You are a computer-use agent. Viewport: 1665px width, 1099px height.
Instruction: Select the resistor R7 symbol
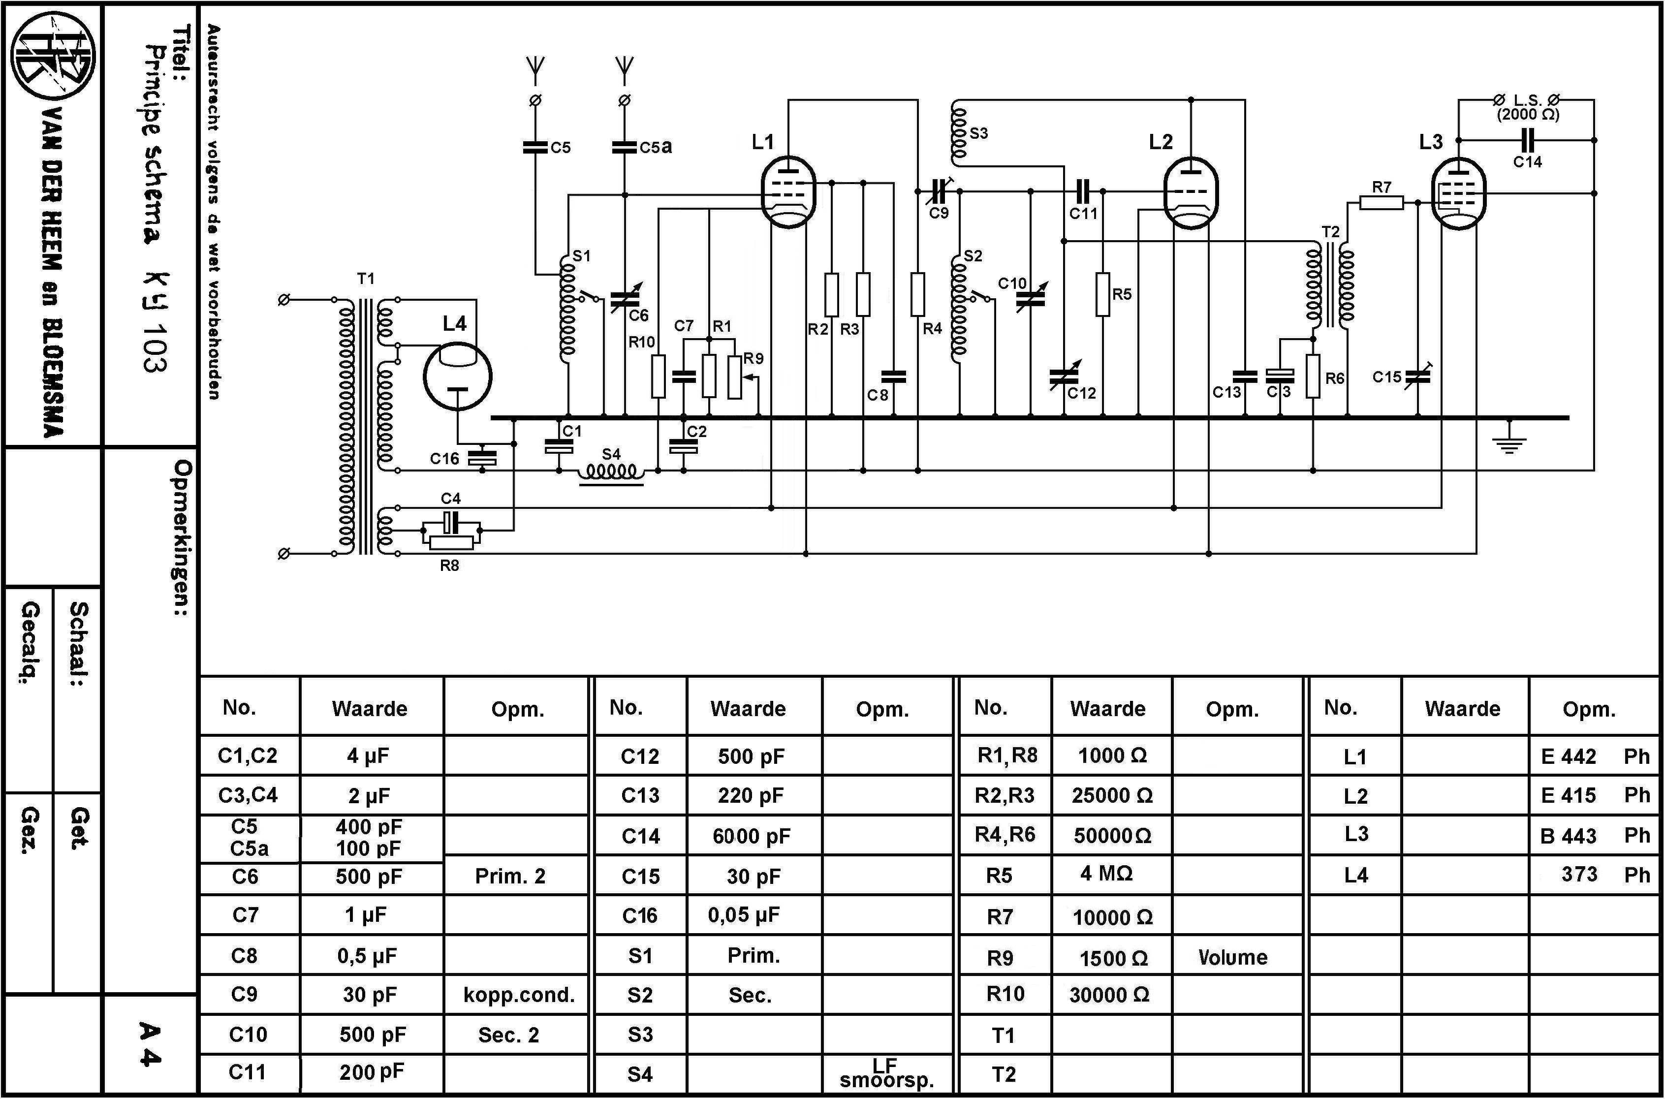point(1381,203)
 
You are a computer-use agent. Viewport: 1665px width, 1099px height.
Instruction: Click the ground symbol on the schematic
point(1508,442)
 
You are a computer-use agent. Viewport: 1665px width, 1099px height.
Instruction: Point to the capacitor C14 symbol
point(1528,140)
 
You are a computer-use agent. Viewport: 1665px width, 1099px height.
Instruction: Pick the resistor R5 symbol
point(1102,294)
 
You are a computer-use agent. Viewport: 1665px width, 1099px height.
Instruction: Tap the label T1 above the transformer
point(366,279)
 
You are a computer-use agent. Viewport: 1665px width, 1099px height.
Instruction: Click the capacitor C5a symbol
point(625,147)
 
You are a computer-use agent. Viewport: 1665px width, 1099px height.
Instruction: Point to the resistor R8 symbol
point(451,542)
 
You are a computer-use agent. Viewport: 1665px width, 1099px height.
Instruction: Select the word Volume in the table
point(1233,957)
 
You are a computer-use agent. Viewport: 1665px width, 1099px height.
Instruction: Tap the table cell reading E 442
point(1569,757)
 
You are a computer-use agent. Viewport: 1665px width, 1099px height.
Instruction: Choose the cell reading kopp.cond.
point(519,995)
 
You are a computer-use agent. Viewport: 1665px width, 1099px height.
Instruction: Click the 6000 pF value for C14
point(751,836)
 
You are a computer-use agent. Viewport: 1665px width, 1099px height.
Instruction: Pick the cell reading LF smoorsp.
point(886,1073)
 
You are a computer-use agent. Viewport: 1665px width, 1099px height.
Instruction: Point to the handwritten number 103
point(154,347)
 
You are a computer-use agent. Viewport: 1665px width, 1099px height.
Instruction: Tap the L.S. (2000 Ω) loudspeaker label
point(1528,107)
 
